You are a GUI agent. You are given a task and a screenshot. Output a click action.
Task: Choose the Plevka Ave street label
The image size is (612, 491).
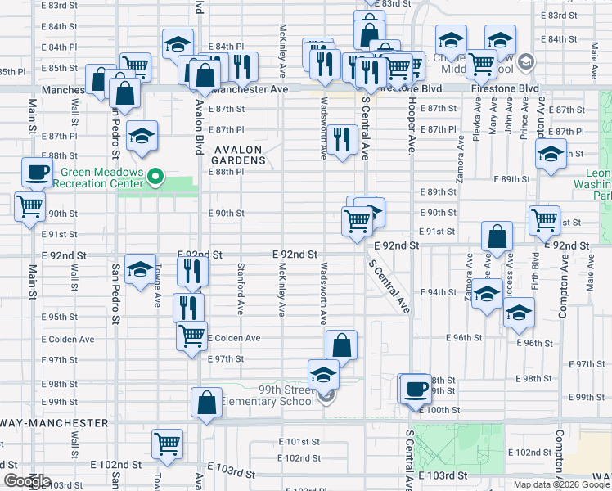coord(476,123)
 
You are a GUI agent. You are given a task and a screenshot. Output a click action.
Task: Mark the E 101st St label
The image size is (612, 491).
coord(298,442)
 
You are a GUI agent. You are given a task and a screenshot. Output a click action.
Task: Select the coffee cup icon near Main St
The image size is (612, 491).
coord(36,172)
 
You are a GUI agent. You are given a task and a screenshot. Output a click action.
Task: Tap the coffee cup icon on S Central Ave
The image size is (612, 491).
coord(416,387)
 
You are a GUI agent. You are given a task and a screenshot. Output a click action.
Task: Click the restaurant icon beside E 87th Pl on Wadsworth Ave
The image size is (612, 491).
coord(342,140)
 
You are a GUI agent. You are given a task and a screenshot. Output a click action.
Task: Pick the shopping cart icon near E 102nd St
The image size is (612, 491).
coord(168,444)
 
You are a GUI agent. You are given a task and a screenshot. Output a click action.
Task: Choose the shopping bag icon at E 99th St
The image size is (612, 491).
coord(206,402)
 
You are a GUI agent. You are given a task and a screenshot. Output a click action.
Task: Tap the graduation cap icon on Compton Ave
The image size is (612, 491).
coord(551,153)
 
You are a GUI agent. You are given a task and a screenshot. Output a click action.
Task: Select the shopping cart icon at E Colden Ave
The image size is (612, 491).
coord(191,334)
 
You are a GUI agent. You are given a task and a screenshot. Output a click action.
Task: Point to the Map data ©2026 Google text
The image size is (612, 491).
coord(561,484)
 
